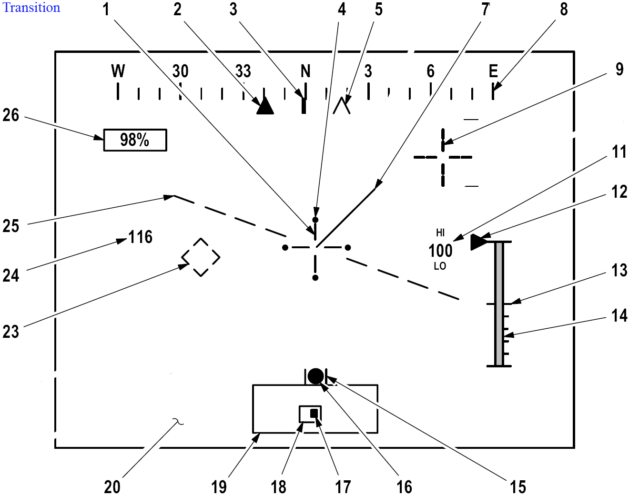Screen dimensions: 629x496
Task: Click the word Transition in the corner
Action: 31,8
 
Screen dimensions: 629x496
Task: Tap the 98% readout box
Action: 135,140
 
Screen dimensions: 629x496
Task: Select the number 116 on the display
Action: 141,237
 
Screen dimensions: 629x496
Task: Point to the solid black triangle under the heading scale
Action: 265,106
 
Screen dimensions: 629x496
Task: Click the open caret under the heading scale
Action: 341,106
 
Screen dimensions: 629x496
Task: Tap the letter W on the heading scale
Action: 118,71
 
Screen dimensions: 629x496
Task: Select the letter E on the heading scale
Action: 493,71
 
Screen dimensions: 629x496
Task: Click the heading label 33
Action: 243,71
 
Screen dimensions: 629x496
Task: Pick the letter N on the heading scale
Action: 305,71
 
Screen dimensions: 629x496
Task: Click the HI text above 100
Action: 440,233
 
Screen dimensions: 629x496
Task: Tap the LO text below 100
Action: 440,266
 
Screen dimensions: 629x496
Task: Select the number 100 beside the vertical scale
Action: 440,251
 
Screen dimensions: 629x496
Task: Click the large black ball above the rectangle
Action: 316,376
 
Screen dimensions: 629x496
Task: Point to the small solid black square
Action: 314,413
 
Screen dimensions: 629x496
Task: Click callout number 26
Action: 11,115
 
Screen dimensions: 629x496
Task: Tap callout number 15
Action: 518,487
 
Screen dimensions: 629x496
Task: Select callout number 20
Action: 112,487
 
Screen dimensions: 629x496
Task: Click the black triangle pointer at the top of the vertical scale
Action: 478,243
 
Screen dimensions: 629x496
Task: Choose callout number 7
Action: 486,10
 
